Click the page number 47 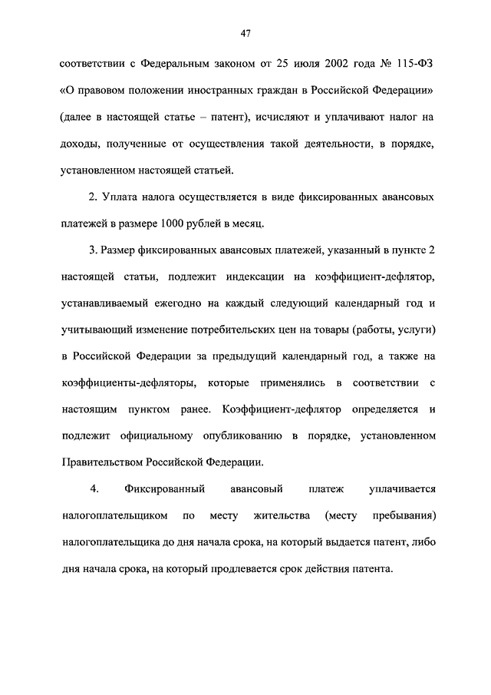pyautogui.click(x=245, y=33)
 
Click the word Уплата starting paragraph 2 pyautogui.click(x=120, y=197)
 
